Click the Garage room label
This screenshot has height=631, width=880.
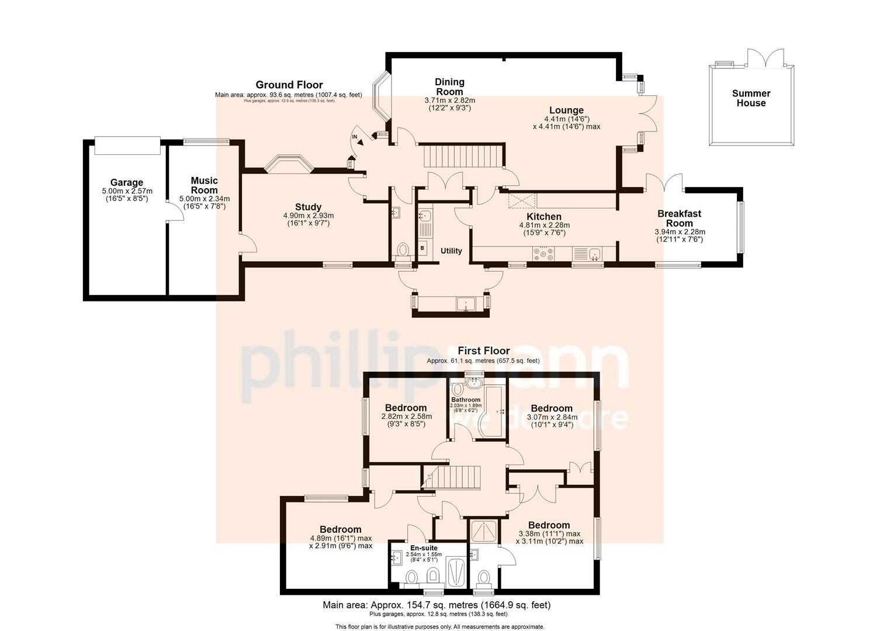pyautogui.click(x=126, y=183)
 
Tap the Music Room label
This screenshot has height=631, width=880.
pyautogui.click(x=205, y=185)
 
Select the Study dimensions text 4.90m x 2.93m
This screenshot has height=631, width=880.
pyautogui.click(x=308, y=216)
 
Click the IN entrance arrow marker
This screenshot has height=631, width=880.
pyautogui.click(x=357, y=138)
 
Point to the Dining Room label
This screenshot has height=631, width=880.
pyautogui.click(x=449, y=86)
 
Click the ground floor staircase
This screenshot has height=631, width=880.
pyautogui.click(x=463, y=156)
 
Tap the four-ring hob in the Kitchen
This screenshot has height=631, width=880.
pyautogui.click(x=543, y=254)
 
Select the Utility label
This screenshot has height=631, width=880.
pyautogui.click(x=451, y=251)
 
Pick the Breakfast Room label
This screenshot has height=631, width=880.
pyautogui.click(x=679, y=219)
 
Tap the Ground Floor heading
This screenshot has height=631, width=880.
pyautogui.click(x=289, y=85)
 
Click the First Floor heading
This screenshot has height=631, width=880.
pyautogui.click(x=483, y=351)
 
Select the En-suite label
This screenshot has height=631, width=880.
pyautogui.click(x=424, y=548)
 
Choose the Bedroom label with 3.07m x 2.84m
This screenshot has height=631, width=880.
pyautogui.click(x=552, y=408)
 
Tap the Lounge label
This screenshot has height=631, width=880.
pyautogui.click(x=566, y=110)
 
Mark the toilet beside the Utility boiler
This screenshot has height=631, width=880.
pyautogui.click(x=403, y=251)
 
